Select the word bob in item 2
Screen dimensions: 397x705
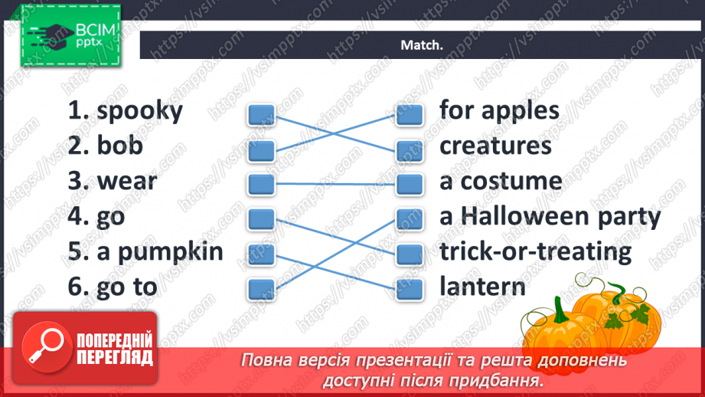pyautogui.click(x=120, y=146)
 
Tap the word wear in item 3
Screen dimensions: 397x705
pyautogui.click(x=127, y=182)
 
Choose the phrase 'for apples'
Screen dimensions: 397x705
pyautogui.click(x=499, y=110)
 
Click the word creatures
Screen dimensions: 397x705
pyautogui.click(x=495, y=146)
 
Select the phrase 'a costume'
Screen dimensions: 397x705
pyautogui.click(x=501, y=182)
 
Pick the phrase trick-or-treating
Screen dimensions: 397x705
pyautogui.click(x=535, y=251)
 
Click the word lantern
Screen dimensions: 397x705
pyautogui.click(x=482, y=287)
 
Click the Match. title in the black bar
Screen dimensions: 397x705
pyautogui.click(x=422, y=45)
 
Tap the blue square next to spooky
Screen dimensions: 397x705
pyautogui.click(x=261, y=115)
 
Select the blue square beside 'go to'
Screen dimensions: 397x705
pyautogui.click(x=261, y=288)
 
